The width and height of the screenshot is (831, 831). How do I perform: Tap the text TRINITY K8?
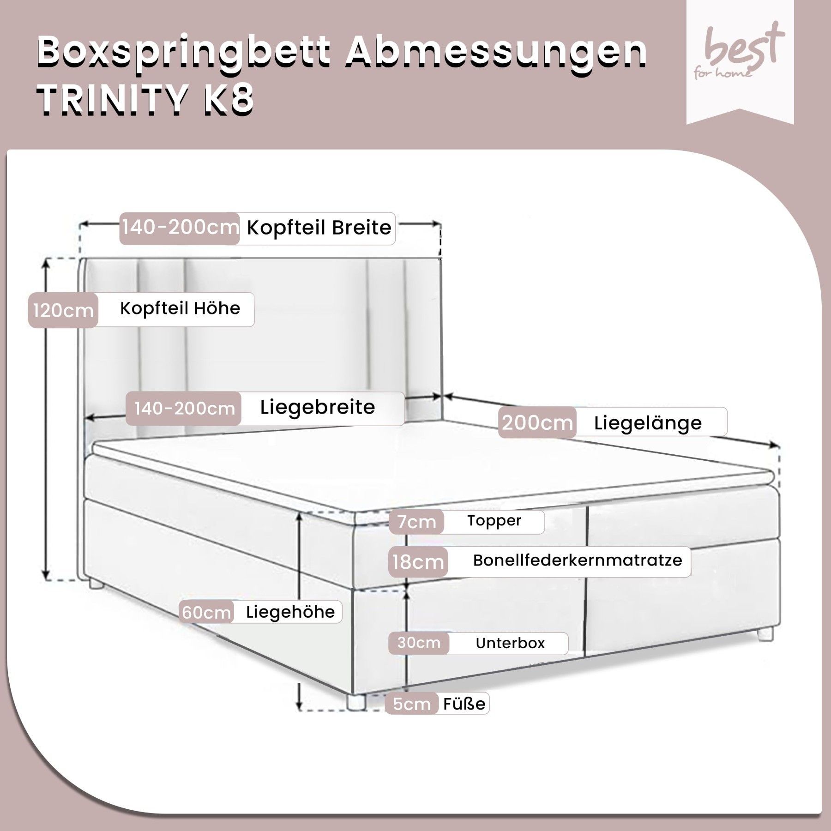pos(146,100)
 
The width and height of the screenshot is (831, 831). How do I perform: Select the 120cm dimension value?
pos(63,311)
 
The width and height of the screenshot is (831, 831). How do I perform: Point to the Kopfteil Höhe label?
pos(180,308)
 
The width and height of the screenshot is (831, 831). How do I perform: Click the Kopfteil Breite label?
pos(319,228)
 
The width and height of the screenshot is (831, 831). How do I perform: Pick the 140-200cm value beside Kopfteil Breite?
pos(180,227)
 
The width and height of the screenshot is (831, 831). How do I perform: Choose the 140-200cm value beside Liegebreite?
pos(185,409)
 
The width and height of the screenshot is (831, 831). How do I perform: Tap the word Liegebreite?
pos(318,407)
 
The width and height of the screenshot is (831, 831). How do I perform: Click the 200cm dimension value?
pos(537,423)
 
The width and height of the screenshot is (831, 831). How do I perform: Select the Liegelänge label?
pos(648,423)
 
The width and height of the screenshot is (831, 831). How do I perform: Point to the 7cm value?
pos(417,522)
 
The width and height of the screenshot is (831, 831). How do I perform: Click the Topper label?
pos(494,521)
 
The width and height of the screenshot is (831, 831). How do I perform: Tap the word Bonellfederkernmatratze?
pos(578,560)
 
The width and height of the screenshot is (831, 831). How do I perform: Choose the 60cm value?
pos(206,613)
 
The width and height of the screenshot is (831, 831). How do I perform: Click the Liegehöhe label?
pos(290,612)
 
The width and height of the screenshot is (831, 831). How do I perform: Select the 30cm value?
pos(419,643)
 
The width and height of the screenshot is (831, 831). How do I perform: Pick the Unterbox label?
pos(510,643)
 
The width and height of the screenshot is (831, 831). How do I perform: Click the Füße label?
pos(464,704)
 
